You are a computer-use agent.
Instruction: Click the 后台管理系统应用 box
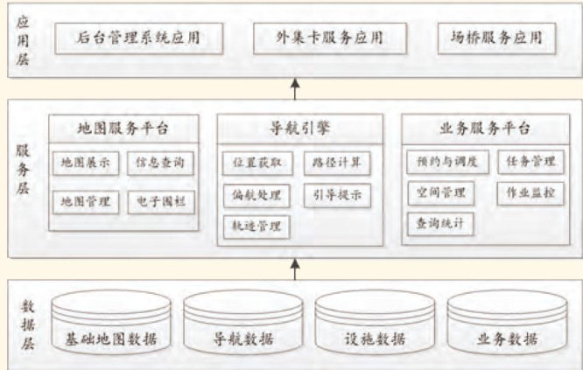(x=137, y=38)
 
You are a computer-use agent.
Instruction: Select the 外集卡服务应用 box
(x=331, y=38)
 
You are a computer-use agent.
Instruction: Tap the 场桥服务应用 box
(x=496, y=38)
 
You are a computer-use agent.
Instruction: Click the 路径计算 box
(x=336, y=163)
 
